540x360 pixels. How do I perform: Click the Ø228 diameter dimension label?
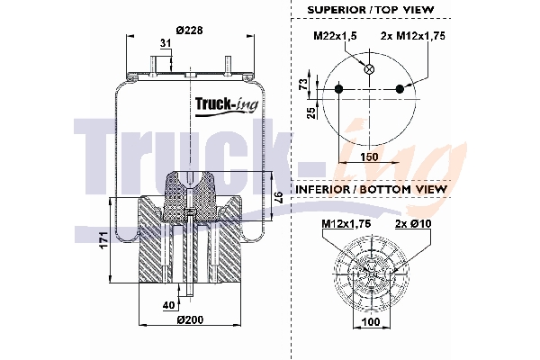[x=188, y=30]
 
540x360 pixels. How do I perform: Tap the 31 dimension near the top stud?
[x=165, y=43]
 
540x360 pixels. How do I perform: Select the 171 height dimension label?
[x=104, y=240]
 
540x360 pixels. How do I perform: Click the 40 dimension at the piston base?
[x=168, y=304]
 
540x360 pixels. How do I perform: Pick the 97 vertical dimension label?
[x=278, y=196]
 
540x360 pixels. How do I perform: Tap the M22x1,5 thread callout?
[x=335, y=35]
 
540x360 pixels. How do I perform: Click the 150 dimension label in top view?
[x=369, y=157]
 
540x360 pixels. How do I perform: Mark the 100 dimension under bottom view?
[x=370, y=320]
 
